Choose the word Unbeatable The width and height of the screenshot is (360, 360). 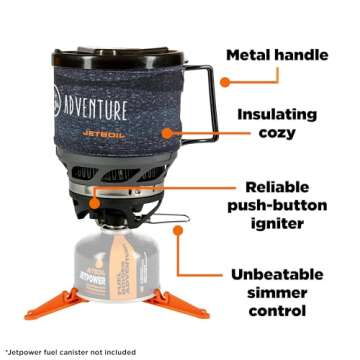coord(287,274)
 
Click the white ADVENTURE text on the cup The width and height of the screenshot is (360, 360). coord(95,107)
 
